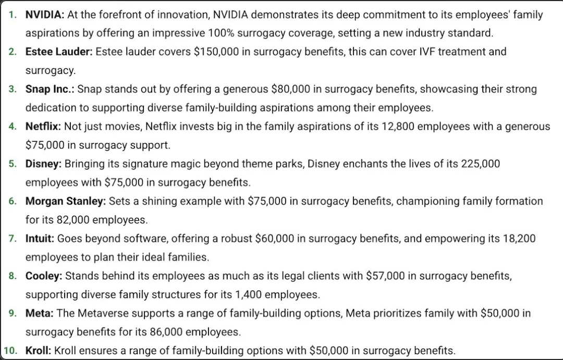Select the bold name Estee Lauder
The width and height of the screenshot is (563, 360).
[x=59, y=52]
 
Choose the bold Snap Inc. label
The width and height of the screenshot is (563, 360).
[x=50, y=89]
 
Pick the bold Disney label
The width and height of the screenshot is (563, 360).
[x=43, y=164]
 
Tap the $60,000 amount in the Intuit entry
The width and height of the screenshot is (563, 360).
[x=277, y=239]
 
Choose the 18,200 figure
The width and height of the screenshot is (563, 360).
[x=517, y=239]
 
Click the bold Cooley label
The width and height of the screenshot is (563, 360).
[x=44, y=276]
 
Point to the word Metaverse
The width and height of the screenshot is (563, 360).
[x=102, y=313]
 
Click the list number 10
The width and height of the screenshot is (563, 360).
[x=11, y=351]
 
